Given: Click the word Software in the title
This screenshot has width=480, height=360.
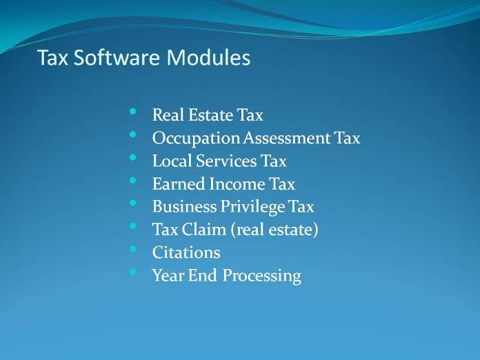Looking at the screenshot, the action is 117,57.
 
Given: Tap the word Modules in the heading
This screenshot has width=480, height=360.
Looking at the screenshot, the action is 208,57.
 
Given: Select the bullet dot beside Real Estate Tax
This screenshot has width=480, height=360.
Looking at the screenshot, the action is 132,112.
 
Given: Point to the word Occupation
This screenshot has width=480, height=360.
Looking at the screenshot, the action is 196,139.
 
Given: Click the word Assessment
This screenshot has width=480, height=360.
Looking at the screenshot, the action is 287,138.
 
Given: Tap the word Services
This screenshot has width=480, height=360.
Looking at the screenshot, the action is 226,161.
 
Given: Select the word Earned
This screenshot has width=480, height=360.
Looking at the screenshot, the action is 179,183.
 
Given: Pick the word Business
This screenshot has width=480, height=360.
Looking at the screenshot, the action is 185,207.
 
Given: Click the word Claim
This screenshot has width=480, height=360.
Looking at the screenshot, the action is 203,230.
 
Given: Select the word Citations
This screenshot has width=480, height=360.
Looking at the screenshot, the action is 186,252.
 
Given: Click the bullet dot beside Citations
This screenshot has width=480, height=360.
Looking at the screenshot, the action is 132,248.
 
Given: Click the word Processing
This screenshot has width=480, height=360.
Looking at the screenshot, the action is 262,276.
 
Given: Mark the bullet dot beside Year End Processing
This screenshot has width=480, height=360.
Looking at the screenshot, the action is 132,271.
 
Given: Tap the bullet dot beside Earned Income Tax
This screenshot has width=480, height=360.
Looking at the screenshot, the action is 132,180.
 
